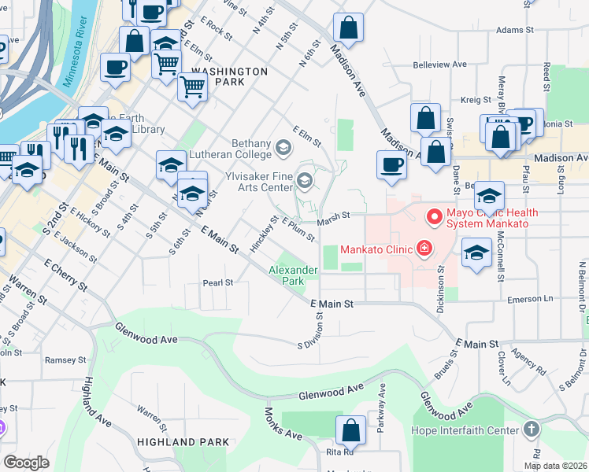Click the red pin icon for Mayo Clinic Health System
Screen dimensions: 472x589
point(433,216)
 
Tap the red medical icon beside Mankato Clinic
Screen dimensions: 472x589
point(424,249)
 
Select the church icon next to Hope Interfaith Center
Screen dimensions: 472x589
point(532,430)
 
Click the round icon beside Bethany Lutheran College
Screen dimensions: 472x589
point(282,147)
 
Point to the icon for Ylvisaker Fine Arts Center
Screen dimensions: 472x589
point(304,183)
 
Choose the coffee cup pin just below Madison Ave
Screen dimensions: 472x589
point(391,164)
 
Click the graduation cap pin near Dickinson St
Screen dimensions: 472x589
point(476,253)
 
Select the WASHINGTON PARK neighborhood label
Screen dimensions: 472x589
point(230,71)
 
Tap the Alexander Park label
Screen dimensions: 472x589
point(294,275)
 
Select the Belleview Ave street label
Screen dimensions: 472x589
point(440,65)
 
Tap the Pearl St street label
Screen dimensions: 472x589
point(218,282)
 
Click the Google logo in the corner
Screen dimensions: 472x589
point(27,462)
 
